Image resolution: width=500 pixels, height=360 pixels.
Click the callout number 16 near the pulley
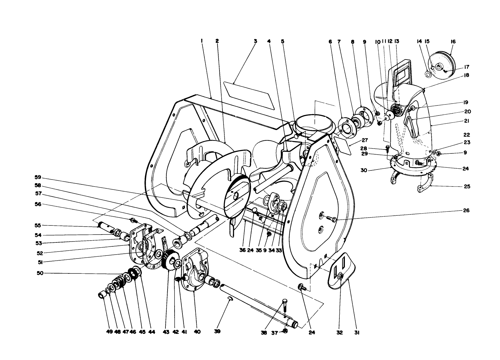click(453, 42)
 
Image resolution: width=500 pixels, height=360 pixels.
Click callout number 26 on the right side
click(466, 210)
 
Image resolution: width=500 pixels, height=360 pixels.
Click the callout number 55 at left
click(38, 225)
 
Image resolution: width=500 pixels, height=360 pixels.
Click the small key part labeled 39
click(230, 300)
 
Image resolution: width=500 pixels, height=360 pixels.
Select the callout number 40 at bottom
click(197, 332)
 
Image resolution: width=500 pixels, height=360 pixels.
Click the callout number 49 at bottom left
click(110, 332)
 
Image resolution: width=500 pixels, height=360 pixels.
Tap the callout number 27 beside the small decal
click(365, 140)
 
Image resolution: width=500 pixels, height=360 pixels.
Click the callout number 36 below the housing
click(242, 250)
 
